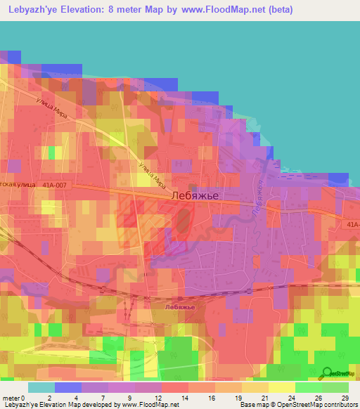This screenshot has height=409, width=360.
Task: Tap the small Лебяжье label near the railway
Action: (x=176, y=306)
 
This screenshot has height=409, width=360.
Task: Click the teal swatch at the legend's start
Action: (x=41, y=387)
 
